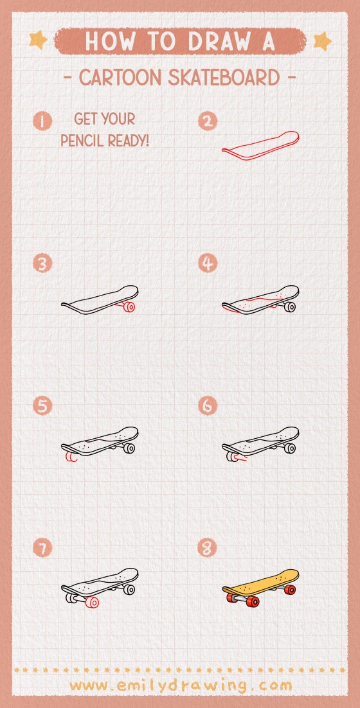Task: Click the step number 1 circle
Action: (43, 121)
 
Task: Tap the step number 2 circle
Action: (208, 121)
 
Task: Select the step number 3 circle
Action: (43, 263)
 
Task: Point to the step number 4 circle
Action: (208, 263)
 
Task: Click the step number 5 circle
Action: (43, 406)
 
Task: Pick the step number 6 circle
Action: (208, 406)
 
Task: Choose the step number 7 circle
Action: (43, 548)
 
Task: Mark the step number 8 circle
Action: (208, 548)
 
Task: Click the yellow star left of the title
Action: (39, 40)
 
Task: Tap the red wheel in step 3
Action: (129, 307)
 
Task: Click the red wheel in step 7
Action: (93, 602)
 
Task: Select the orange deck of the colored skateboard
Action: (260, 580)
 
